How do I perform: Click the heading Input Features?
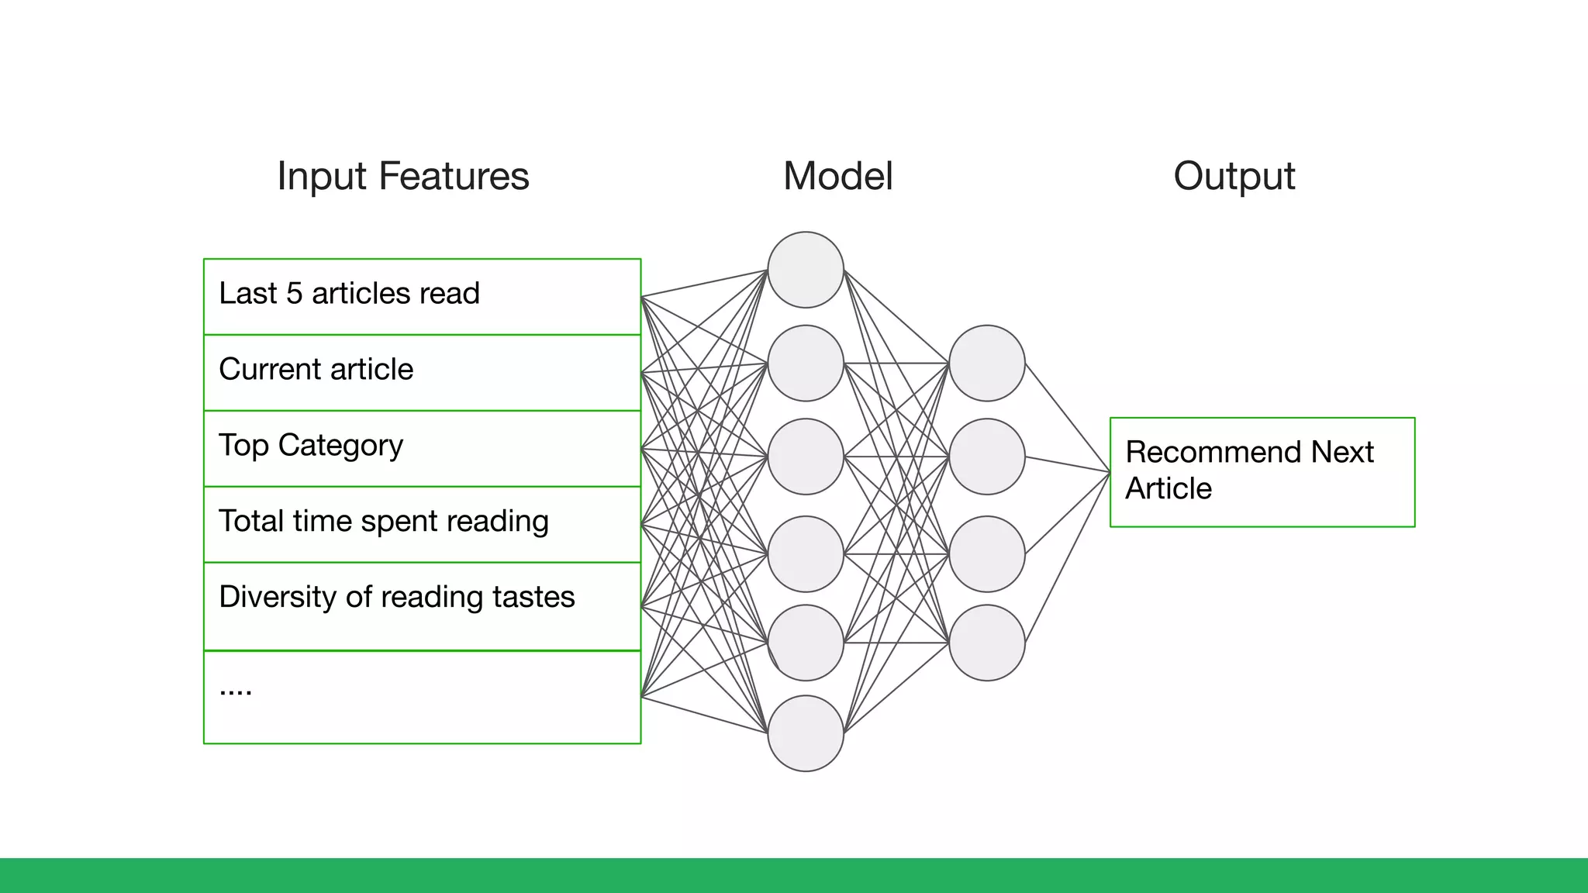tap(402, 176)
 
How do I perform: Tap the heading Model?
tap(837, 176)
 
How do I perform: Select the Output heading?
tap(1234, 176)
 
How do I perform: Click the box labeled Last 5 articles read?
tap(422, 296)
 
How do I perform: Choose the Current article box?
tap(422, 372)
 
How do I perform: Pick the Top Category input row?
tap(422, 448)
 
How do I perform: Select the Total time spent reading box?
tap(422, 524)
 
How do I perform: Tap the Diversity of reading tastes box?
tap(422, 605)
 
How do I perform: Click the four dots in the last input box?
tap(236, 690)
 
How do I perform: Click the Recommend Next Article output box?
tap(1262, 471)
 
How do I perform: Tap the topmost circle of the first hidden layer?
tap(806, 270)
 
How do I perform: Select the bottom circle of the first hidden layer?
tap(806, 733)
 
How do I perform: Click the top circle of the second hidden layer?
tap(986, 363)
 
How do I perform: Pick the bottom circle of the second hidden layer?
tap(986, 643)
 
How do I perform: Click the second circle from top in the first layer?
tap(806, 363)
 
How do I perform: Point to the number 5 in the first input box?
tap(294, 294)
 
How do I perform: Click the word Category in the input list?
tap(340, 446)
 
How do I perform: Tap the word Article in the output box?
tap(1168, 489)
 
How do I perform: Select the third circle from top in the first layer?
tap(806, 457)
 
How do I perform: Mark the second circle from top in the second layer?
tap(986, 457)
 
